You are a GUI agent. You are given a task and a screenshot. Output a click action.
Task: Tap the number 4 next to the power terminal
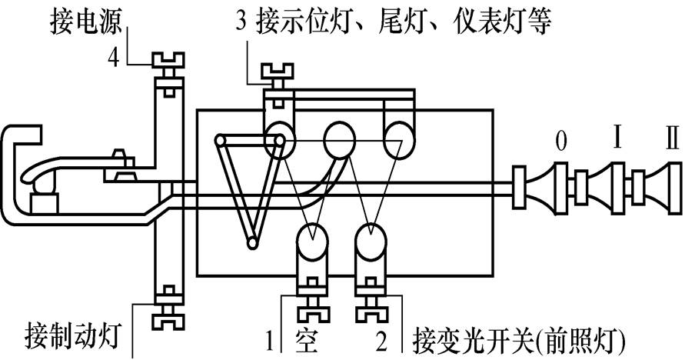tap(112, 59)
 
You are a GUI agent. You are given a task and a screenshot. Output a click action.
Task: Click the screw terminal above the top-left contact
tap(274, 77)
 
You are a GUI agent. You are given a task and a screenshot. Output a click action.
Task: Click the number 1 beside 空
tap(270, 340)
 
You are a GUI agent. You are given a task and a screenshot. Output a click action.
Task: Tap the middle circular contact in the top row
tap(338, 139)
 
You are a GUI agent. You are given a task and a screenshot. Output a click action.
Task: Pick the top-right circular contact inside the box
tap(398, 139)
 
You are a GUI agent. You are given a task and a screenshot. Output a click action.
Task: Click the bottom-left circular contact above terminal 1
tap(312, 245)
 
